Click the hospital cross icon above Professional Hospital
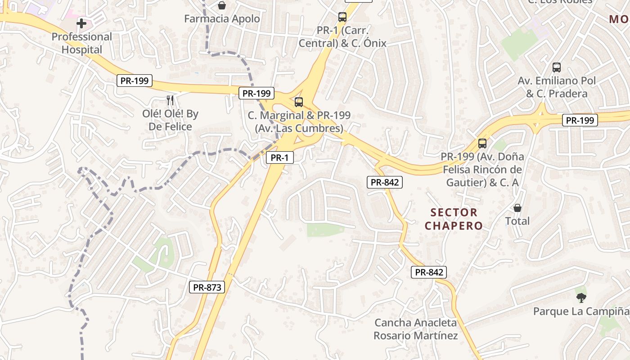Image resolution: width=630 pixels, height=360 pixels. (x=81, y=23)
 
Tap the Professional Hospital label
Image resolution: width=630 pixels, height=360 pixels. (x=81, y=43)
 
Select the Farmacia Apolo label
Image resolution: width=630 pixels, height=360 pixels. (x=222, y=19)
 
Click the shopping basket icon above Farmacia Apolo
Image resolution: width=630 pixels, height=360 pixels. (x=222, y=5)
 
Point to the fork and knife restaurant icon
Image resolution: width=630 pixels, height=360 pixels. (x=170, y=100)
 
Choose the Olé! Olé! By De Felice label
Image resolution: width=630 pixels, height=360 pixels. (x=170, y=120)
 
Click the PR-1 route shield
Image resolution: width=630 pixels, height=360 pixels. (x=279, y=157)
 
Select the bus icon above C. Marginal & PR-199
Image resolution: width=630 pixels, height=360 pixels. (x=298, y=102)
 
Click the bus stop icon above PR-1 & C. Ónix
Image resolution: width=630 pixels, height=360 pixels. (x=342, y=17)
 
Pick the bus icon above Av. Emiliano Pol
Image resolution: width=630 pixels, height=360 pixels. (x=557, y=67)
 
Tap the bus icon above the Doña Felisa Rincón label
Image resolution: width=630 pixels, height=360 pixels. (x=482, y=144)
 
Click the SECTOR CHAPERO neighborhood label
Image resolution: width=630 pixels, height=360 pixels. (x=454, y=219)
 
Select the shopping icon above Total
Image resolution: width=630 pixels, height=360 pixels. (x=517, y=208)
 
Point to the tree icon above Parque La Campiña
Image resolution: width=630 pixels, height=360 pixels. (x=581, y=297)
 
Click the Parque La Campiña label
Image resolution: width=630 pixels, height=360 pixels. (x=580, y=311)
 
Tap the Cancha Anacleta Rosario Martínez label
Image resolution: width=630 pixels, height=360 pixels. (x=415, y=329)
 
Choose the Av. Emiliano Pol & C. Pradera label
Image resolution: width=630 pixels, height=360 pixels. (x=557, y=87)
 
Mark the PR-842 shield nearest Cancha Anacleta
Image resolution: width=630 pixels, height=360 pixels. (x=429, y=272)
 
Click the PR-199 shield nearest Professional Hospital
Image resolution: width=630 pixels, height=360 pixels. (x=135, y=81)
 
